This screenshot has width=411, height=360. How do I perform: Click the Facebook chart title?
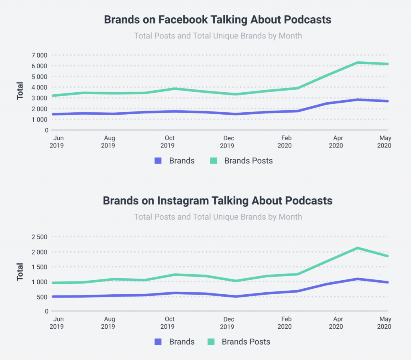coord(218,20)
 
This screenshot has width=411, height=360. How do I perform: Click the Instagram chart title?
coord(218,200)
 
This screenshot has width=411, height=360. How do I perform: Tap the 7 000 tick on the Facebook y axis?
coord(39,55)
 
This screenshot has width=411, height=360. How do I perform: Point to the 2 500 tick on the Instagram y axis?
coord(39,237)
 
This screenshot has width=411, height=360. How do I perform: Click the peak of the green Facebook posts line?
coord(357,63)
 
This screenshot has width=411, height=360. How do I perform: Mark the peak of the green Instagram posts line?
coord(357,248)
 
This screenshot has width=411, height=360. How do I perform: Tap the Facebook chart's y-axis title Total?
coord(20,91)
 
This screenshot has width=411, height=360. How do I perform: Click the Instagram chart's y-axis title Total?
coord(20,272)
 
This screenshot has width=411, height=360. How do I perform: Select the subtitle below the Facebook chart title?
coord(218,36)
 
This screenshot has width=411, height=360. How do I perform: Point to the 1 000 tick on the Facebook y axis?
coord(39,119)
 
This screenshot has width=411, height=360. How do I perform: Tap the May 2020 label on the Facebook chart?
coord(384,142)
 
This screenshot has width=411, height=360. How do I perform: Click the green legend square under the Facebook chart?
coord(214,161)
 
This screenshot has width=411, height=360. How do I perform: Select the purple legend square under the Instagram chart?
coord(158,342)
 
